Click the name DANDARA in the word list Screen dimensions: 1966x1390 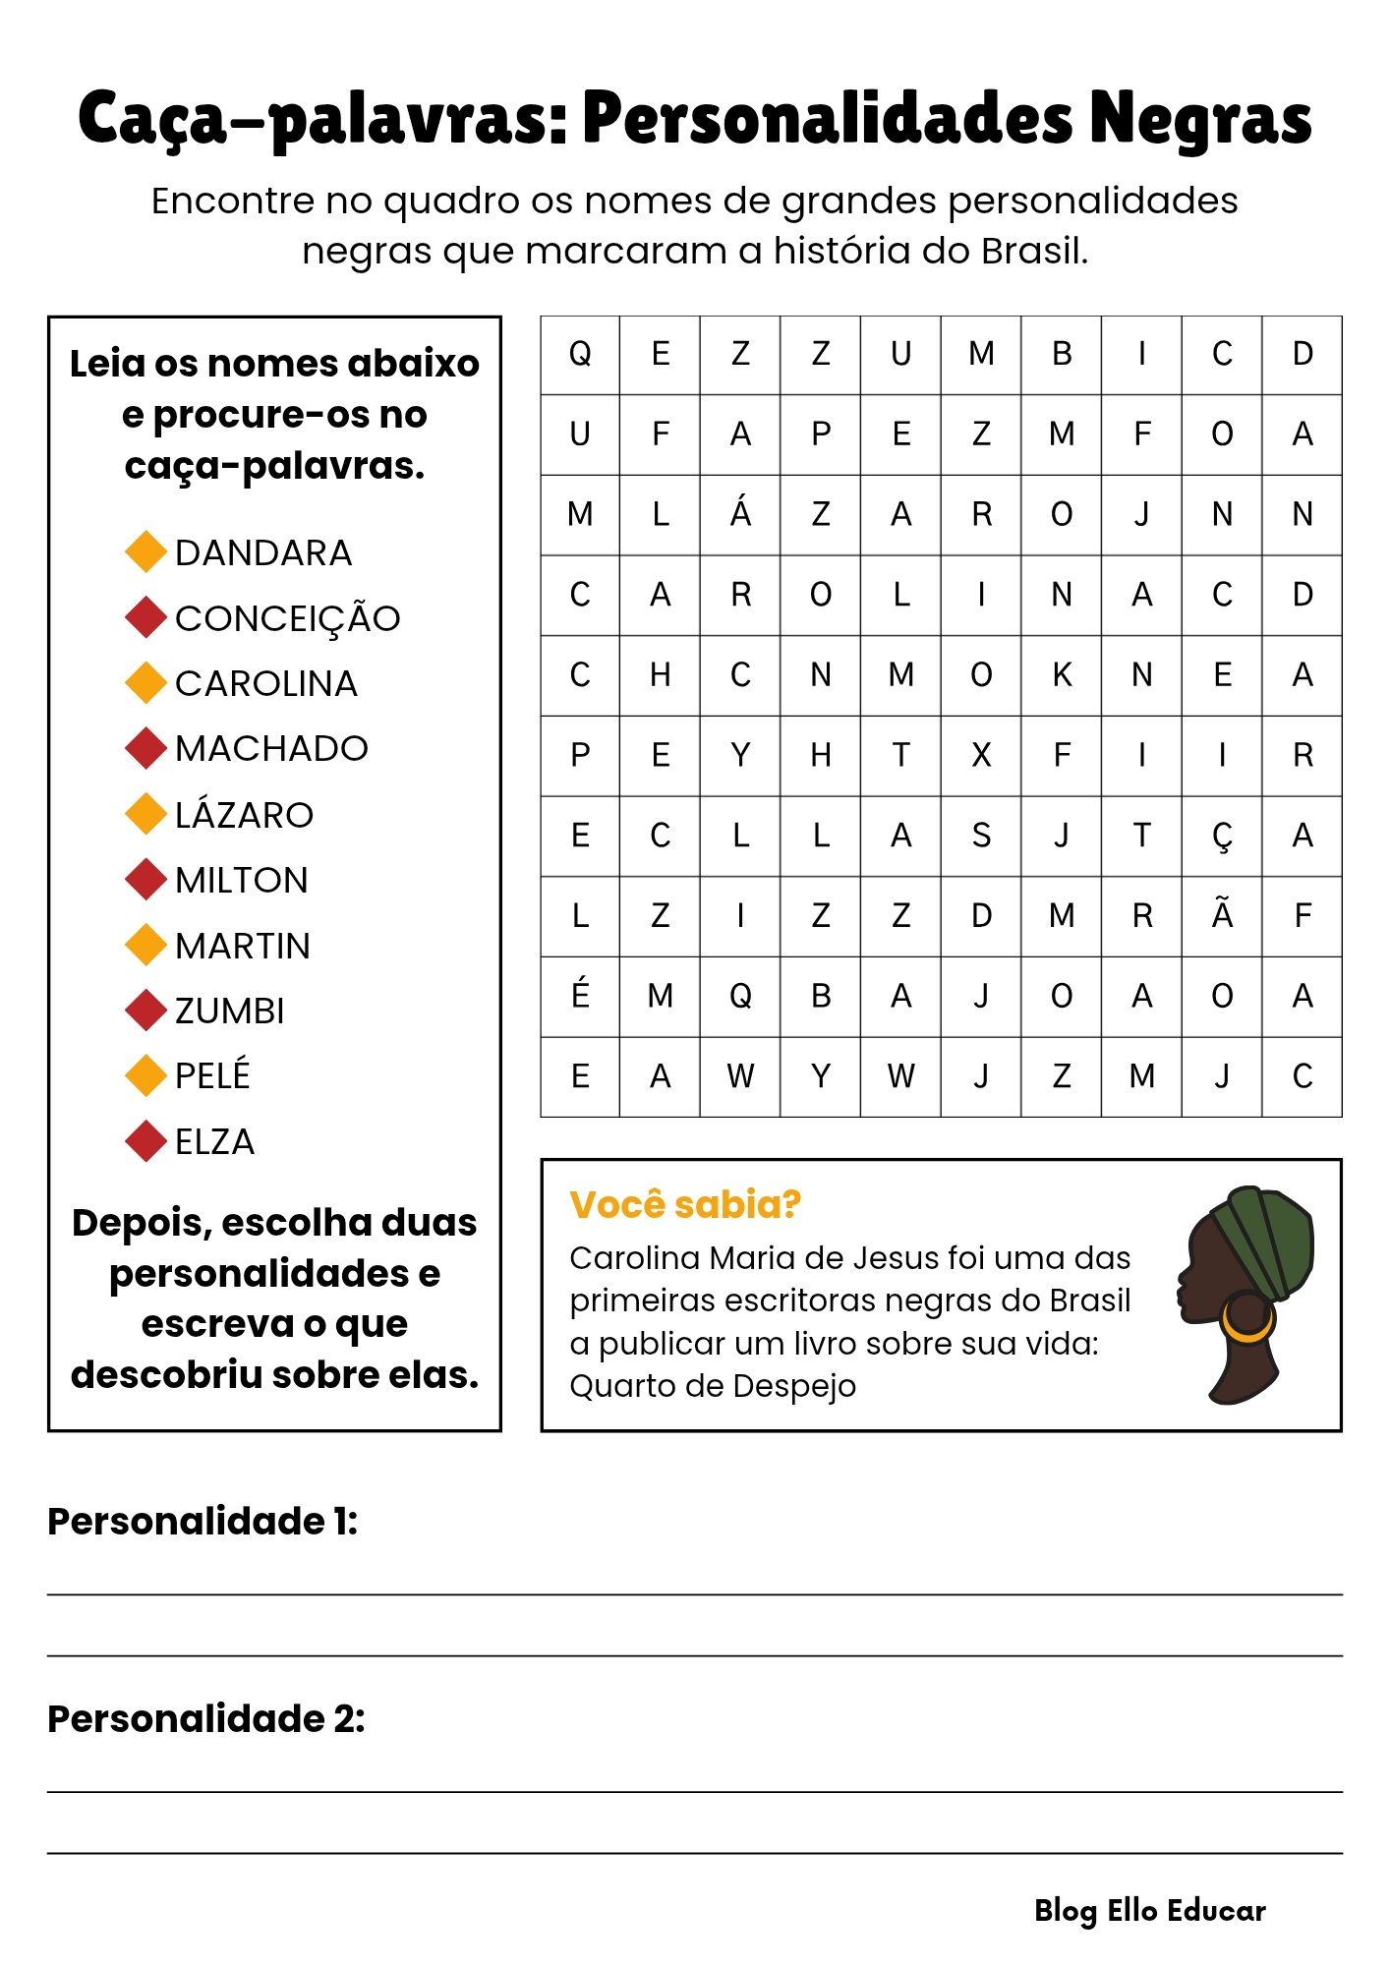pos(262,552)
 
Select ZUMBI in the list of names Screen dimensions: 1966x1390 pos(229,1011)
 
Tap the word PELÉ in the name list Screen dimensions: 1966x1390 pos(212,1075)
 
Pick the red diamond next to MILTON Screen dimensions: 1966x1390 pos(145,880)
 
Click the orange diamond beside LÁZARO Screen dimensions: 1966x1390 pos(145,814)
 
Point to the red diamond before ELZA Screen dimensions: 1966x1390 pos(145,1141)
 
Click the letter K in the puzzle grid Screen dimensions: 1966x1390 pos(1062,675)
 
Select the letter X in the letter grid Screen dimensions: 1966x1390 pos(981,755)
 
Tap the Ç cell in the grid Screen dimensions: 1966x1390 pos(1222,836)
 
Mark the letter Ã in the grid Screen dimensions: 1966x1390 pos(1222,915)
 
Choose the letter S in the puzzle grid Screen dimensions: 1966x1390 pos(981,836)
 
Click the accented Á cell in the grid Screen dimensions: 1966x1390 pos(740,513)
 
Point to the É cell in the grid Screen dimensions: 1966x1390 pos(580,996)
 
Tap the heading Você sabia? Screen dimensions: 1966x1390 pos(685,1204)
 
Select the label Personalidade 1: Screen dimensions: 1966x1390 pos(203,1521)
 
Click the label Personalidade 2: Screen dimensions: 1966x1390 pos(206,1718)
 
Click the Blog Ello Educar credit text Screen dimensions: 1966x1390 pos(1150,1910)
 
